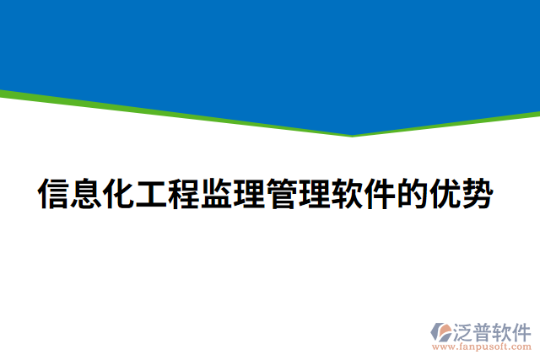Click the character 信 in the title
coord(54,194)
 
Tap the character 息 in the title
coord(87,194)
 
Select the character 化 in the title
coord(119,194)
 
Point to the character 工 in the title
coord(152,194)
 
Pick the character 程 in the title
coord(185,194)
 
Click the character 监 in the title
coord(217,194)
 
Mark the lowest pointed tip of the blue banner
coord(353,134)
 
